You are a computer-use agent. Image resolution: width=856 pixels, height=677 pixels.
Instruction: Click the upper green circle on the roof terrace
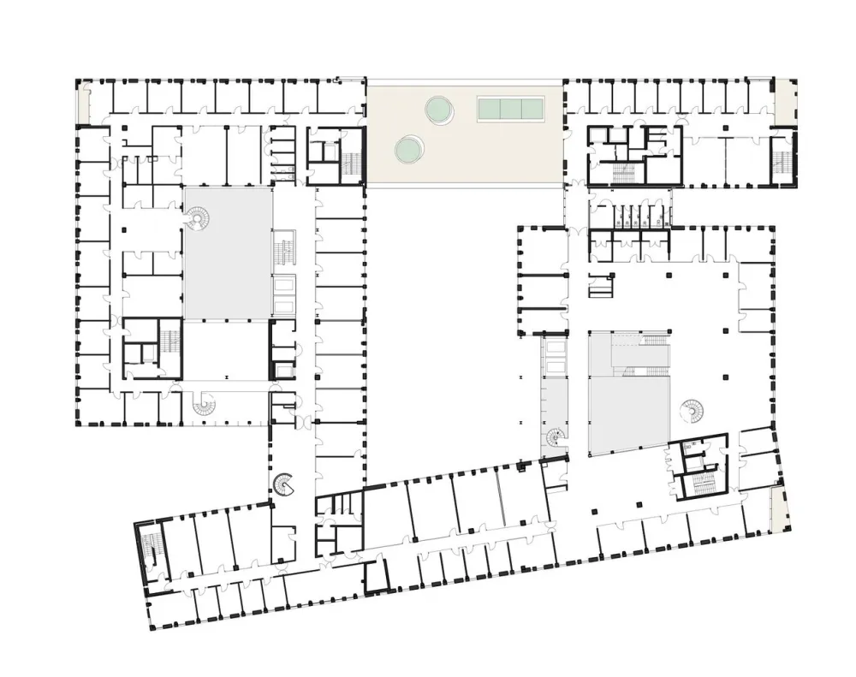[x=439, y=109]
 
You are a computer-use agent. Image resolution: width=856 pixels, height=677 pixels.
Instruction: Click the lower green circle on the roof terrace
[x=408, y=151]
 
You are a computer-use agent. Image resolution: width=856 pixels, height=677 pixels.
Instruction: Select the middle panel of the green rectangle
[x=511, y=108]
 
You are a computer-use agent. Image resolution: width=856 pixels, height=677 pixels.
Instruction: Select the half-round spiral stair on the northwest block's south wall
[x=205, y=405]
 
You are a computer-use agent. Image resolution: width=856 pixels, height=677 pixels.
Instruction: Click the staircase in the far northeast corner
[x=781, y=159]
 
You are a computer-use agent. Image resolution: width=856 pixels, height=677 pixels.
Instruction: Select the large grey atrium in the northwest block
[x=228, y=252]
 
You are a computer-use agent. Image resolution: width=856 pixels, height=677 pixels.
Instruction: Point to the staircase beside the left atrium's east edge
[x=283, y=252]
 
